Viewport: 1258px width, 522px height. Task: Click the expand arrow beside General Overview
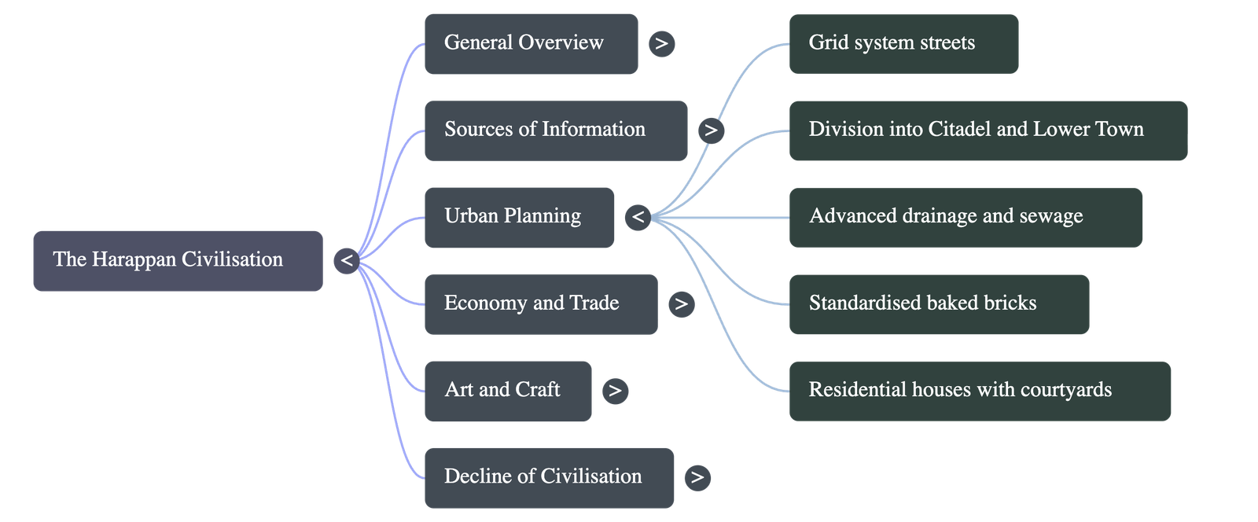pyautogui.click(x=661, y=43)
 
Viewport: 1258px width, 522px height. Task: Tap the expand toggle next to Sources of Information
pyautogui.click(x=711, y=130)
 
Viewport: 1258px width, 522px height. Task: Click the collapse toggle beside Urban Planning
pyautogui.click(x=638, y=217)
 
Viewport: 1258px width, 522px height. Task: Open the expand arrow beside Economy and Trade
pyautogui.click(x=681, y=303)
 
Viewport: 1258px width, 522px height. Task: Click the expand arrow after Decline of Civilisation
pyautogui.click(x=697, y=477)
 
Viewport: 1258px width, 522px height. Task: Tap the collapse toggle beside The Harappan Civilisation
pyautogui.click(x=347, y=260)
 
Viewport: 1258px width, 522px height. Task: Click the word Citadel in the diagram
pyautogui.click(x=959, y=130)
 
